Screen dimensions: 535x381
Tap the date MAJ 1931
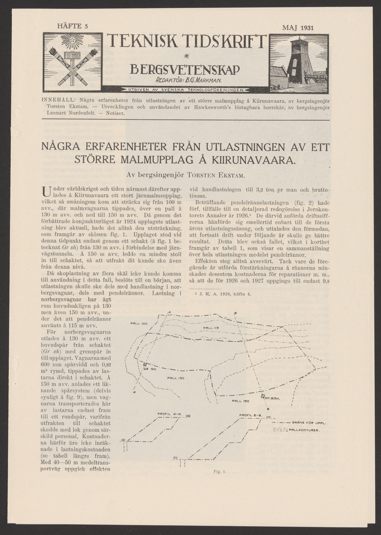(x=298, y=28)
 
